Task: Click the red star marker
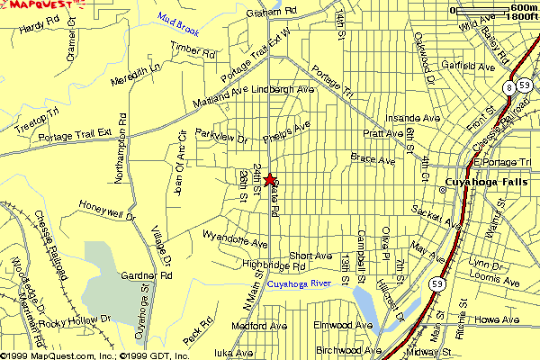[x=270, y=180]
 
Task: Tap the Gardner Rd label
[x=146, y=275]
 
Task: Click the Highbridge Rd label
[x=275, y=266]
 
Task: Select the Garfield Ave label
[x=469, y=67]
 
